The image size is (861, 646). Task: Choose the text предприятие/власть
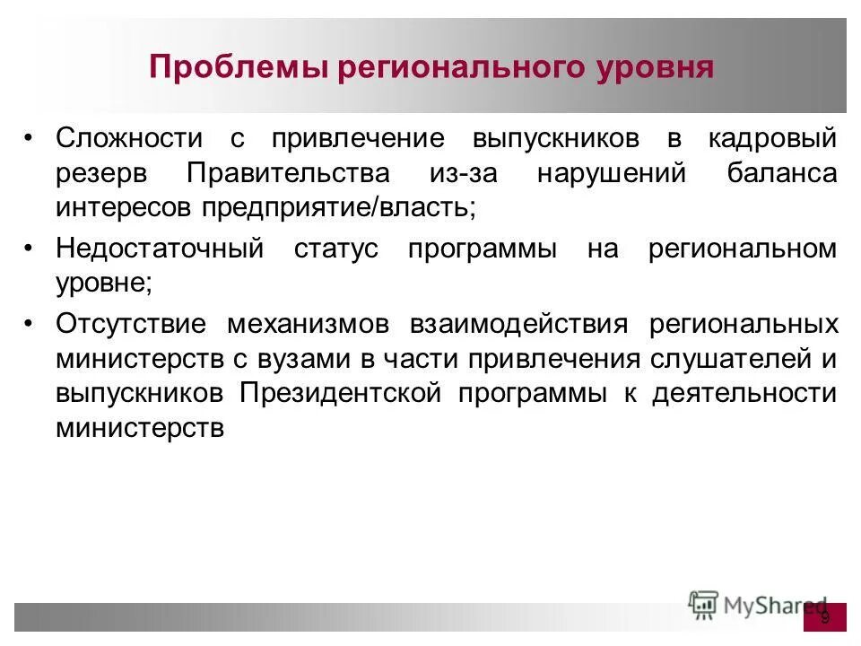click(351, 207)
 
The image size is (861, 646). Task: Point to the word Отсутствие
click(130, 324)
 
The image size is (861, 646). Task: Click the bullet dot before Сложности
click(30, 139)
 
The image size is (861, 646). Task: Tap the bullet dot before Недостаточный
click(30, 249)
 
